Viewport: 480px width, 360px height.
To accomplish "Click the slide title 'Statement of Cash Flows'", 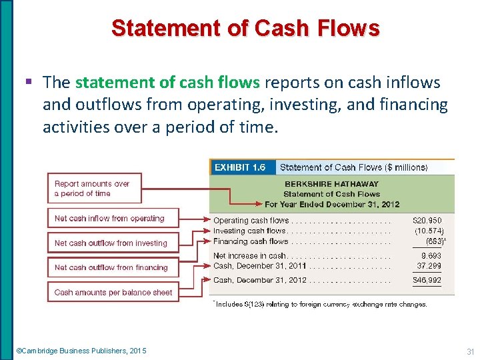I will point(245,29).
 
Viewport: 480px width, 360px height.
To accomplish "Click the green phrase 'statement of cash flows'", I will point(168,82).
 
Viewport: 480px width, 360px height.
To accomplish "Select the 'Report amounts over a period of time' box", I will point(94,189).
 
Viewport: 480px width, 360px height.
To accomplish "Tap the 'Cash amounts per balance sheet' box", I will point(113,292).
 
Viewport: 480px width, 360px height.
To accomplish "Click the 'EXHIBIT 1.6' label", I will point(239,168).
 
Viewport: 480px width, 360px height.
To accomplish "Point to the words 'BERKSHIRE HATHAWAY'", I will point(331,184).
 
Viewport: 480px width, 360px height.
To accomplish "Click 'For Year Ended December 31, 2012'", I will point(331,204).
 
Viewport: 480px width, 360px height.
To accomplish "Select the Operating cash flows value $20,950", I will point(427,221).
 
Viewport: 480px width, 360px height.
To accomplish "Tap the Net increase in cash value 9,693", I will point(430,256).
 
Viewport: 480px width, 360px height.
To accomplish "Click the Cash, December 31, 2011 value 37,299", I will point(429,265).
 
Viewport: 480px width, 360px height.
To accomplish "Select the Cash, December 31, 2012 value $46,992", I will point(427,281).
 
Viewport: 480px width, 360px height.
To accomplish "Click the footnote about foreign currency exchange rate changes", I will point(320,304).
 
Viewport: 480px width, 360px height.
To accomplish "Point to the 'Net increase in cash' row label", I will point(249,256).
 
